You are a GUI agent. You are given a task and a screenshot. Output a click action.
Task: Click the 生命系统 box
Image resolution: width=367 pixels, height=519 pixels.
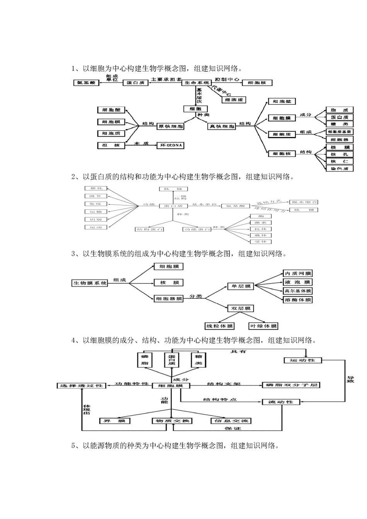tap(197, 83)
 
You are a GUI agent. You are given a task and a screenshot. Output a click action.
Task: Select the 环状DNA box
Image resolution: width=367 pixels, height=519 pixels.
tap(170, 145)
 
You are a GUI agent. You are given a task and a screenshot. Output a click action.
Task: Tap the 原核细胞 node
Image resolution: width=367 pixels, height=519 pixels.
tap(170, 126)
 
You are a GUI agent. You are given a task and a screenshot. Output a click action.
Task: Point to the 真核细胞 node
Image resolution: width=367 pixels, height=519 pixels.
tap(222, 126)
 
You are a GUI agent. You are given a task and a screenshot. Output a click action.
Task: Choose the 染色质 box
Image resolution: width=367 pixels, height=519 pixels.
tap(340, 168)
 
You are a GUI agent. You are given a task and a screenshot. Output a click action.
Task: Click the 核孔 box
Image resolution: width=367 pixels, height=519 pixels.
tap(340, 154)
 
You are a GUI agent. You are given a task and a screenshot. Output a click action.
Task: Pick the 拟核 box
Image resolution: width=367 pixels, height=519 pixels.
tap(111, 145)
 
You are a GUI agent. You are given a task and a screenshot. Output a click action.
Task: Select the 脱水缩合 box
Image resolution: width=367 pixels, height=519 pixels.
tap(304, 202)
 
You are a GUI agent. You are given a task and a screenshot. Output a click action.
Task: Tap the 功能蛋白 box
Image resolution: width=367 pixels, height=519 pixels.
tap(197, 229)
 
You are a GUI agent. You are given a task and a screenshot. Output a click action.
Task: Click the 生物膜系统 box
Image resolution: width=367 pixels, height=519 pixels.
tap(90, 283)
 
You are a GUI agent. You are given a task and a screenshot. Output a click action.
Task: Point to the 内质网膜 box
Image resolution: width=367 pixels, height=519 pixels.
tap(297, 273)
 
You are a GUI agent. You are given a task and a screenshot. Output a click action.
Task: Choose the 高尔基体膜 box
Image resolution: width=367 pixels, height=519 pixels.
tap(297, 291)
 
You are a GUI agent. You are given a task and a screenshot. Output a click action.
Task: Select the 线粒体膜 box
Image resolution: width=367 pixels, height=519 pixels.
tap(219, 326)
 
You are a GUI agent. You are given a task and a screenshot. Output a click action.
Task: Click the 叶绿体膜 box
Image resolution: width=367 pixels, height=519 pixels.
tap(263, 326)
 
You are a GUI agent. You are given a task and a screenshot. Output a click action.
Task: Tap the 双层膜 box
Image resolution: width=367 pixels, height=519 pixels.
tap(241, 308)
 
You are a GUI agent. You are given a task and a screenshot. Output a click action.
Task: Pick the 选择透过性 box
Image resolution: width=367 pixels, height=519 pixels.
tap(81, 385)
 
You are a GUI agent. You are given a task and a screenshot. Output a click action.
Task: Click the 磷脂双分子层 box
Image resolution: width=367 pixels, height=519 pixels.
tap(291, 385)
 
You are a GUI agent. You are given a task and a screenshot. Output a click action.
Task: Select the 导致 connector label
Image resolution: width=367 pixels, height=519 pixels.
tap(350, 379)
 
